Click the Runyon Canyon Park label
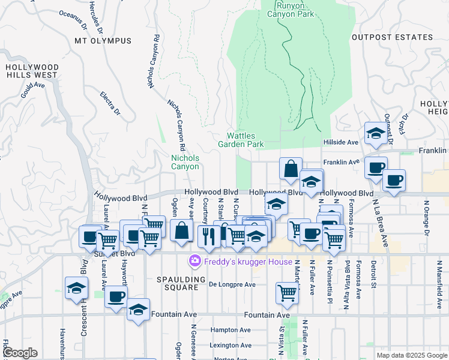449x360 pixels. click(x=291, y=9)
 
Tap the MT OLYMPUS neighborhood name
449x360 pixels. click(x=103, y=41)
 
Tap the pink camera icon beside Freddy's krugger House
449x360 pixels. click(x=194, y=261)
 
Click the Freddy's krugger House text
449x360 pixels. click(x=248, y=262)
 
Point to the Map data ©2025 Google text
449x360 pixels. click(x=412, y=355)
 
